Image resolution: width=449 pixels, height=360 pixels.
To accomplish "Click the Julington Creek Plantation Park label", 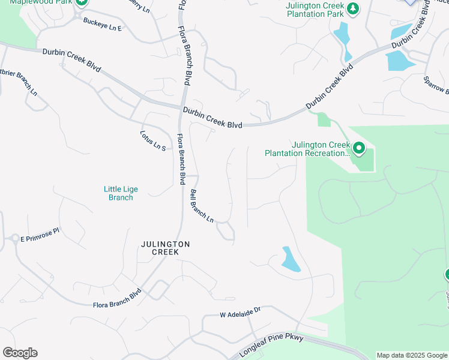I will click(x=315, y=10).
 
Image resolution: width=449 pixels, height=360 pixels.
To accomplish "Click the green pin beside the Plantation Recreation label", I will click(x=359, y=148).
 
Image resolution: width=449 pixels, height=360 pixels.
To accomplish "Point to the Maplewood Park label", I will click(x=35, y=2).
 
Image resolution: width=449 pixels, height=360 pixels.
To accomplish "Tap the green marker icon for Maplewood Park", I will click(x=82, y=2).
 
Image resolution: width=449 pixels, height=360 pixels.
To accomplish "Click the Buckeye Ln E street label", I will click(x=102, y=25).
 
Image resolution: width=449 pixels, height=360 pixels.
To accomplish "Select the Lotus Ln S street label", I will click(x=152, y=140).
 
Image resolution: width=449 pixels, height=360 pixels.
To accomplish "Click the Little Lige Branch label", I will click(x=121, y=193).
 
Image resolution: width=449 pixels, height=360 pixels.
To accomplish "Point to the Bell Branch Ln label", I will click(x=202, y=206).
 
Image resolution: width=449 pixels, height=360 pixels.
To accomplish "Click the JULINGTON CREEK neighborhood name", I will click(x=165, y=248).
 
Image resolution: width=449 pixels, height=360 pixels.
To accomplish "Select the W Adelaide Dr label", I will click(x=241, y=313).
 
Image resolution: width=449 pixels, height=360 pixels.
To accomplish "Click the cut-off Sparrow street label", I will click(x=436, y=85).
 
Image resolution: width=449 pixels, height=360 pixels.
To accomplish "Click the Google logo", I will click(x=20, y=353).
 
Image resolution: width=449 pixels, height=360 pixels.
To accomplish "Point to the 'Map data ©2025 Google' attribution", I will click(x=412, y=355).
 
